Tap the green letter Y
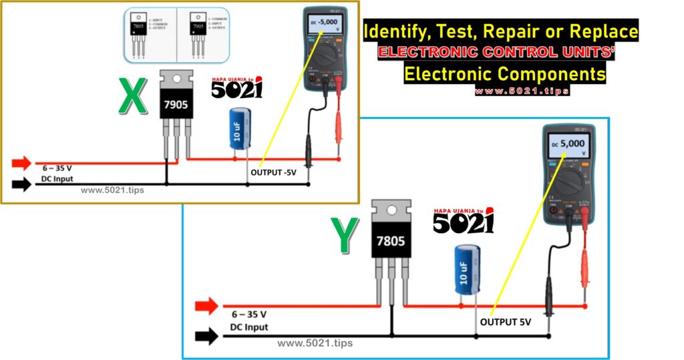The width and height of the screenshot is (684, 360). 346,235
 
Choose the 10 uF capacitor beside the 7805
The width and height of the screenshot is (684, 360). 467,269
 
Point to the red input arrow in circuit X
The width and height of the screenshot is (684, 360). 21,162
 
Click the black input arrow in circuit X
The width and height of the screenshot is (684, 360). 21,184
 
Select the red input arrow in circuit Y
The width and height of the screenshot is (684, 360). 206,307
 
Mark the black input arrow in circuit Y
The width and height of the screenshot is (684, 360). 206,336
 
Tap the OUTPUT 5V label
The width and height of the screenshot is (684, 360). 505,322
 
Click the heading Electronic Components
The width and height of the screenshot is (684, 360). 505,73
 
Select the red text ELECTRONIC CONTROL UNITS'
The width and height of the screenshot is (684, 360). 496,52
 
